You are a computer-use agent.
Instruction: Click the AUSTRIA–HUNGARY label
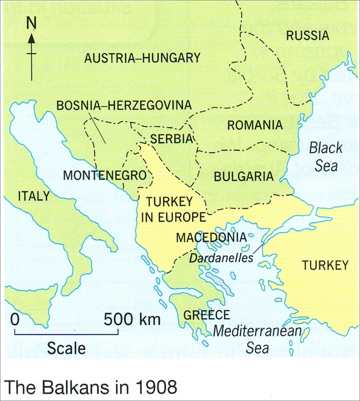(x=142, y=58)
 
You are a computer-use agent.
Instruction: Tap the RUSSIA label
(x=308, y=36)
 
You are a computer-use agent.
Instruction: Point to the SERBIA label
(x=172, y=138)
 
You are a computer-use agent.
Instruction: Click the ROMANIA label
(x=255, y=125)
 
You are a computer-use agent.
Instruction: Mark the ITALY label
(x=33, y=196)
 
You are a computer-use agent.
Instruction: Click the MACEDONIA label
(x=210, y=238)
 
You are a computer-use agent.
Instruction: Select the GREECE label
(x=206, y=315)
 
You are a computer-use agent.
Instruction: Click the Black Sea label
(x=326, y=156)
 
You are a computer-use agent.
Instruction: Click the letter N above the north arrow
(x=32, y=22)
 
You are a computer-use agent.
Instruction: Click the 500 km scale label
(x=132, y=320)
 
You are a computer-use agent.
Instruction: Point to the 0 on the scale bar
(x=15, y=320)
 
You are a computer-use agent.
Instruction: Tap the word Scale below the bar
(x=66, y=348)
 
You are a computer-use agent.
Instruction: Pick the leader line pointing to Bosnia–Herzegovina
(x=97, y=128)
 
